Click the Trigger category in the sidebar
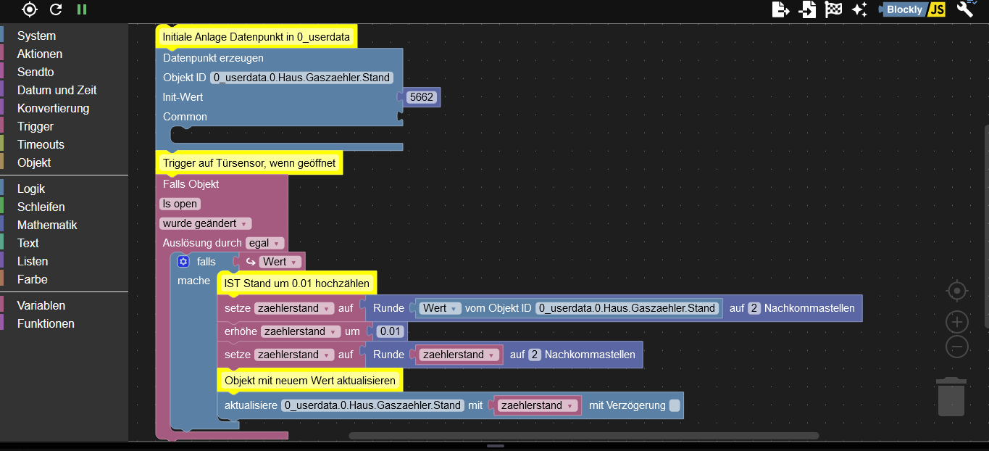pyautogui.click(x=36, y=126)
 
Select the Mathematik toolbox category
pyautogui.click(x=47, y=225)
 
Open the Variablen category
pyautogui.click(x=41, y=305)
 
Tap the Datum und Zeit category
pyautogui.click(x=57, y=90)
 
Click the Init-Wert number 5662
pyautogui.click(x=421, y=97)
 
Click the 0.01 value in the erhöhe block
pyautogui.click(x=391, y=331)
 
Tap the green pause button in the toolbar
pyautogui.click(x=82, y=9)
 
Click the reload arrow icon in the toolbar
pyautogui.click(x=56, y=9)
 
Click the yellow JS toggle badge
pyautogui.click(x=936, y=9)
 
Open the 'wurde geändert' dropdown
pyautogui.click(x=205, y=223)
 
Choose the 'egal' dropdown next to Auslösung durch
pyautogui.click(x=264, y=243)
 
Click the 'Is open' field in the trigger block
pyautogui.click(x=180, y=204)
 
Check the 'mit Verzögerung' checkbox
pyautogui.click(x=675, y=405)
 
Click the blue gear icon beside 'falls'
pyautogui.click(x=183, y=262)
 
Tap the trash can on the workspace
pyautogui.click(x=951, y=397)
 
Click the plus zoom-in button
pyautogui.click(x=957, y=322)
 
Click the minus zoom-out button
pyautogui.click(x=957, y=347)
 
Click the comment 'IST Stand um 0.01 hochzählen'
pyautogui.click(x=297, y=284)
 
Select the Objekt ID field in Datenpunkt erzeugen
pyautogui.click(x=301, y=78)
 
